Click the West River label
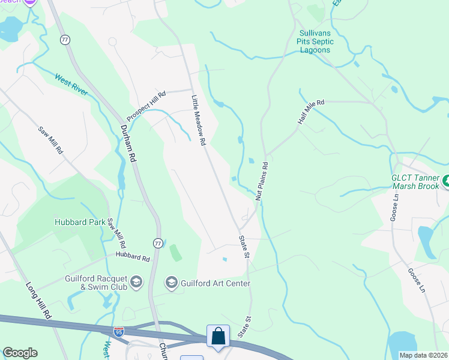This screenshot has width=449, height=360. pos(71,85)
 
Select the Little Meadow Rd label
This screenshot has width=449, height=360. pos(199,120)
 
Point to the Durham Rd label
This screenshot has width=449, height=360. pos(127,143)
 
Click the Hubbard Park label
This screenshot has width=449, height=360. pos(80,221)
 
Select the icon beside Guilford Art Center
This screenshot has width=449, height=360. pos(172,283)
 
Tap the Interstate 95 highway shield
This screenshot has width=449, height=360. pos(119,331)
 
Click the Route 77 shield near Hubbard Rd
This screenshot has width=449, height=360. pos(157,243)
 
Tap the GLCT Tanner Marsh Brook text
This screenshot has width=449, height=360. pos(415,182)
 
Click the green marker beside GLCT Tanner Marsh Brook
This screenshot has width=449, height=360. pos(445,181)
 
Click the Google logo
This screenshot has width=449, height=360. pos(20,353)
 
